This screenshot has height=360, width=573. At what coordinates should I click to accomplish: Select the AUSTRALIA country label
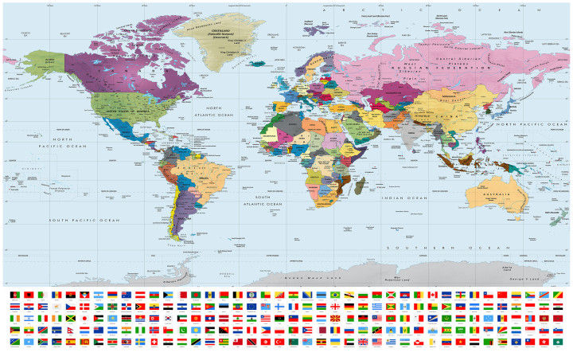(500, 195)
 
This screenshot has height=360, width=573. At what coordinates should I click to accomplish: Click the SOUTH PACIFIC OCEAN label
(84, 220)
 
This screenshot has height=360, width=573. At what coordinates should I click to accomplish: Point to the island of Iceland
(256, 63)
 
